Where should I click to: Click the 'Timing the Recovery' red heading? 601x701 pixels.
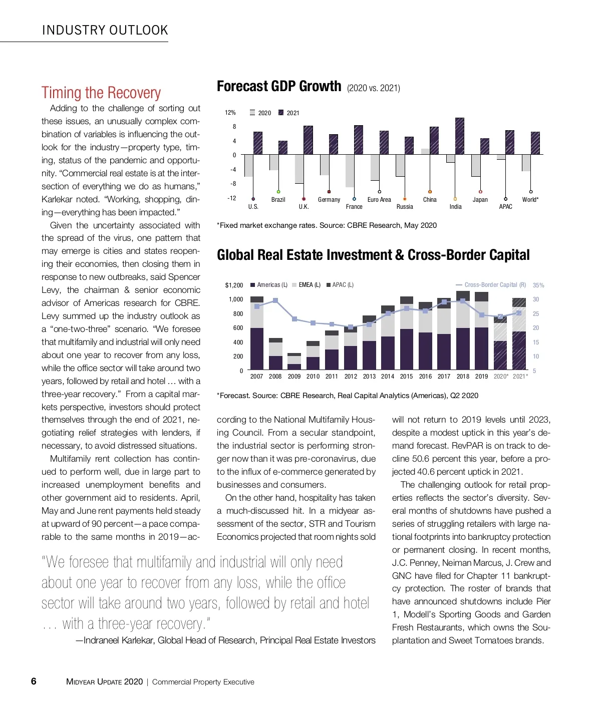(x=101, y=93)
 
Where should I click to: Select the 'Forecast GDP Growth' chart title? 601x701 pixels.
(x=279, y=87)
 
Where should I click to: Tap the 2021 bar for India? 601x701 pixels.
(x=459, y=136)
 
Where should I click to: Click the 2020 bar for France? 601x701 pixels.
(x=350, y=171)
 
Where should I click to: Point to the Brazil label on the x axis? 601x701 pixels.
(x=278, y=200)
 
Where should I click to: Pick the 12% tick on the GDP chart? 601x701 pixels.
(x=230, y=113)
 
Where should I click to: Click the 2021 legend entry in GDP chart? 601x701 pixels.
(x=289, y=113)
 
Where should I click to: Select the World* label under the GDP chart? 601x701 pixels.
(x=530, y=200)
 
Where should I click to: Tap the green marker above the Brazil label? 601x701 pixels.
(x=278, y=192)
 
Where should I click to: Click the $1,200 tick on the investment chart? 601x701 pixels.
(x=234, y=285)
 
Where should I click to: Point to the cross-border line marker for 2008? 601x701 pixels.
(x=275, y=300)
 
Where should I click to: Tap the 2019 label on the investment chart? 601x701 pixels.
(x=481, y=377)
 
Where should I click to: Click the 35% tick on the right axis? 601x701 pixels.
(x=538, y=285)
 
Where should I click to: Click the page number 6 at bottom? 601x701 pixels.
(x=34, y=681)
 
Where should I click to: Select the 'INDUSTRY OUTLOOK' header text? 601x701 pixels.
(x=105, y=30)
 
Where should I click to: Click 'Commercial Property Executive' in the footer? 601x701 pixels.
(x=203, y=682)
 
